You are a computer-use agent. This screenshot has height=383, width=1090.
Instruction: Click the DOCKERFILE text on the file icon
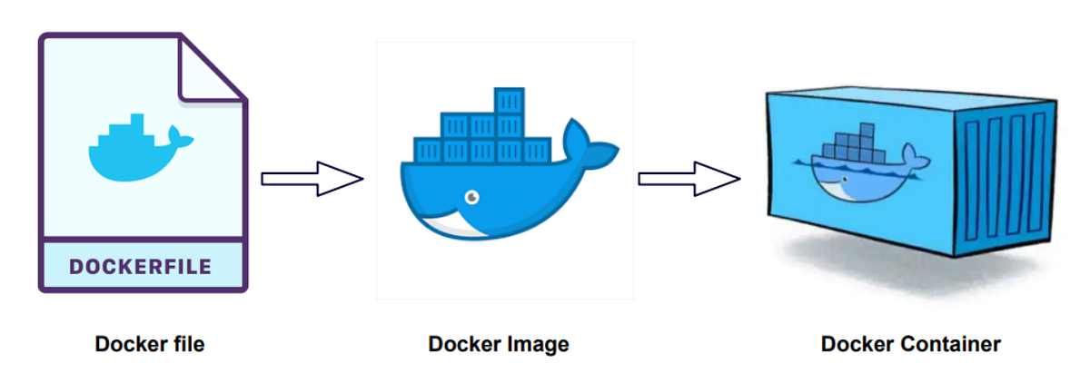[x=141, y=267]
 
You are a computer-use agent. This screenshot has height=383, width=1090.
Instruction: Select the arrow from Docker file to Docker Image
[x=312, y=178]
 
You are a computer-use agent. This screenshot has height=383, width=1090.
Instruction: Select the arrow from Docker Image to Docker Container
[x=689, y=178]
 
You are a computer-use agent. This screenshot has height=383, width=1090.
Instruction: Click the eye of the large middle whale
[x=471, y=195]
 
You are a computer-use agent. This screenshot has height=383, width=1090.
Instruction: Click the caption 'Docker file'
[x=150, y=345]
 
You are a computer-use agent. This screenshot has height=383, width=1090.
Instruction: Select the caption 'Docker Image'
[x=499, y=345]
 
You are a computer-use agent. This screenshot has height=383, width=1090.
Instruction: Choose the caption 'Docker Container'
[x=911, y=345]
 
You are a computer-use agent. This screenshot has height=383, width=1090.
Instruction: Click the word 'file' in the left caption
[x=187, y=345]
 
